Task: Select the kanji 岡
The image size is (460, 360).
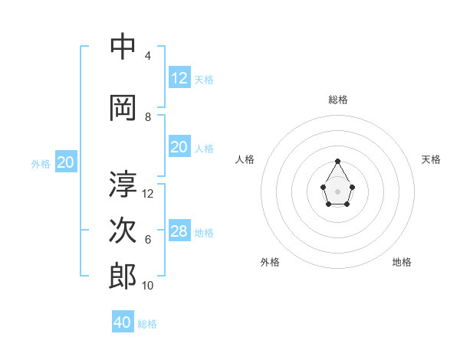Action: (123, 107)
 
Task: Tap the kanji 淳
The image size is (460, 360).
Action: (123, 184)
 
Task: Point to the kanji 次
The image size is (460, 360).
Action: (123, 230)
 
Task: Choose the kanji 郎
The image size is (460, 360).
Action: (123, 276)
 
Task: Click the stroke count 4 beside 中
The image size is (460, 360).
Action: (148, 56)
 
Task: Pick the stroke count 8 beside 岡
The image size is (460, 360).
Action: (148, 117)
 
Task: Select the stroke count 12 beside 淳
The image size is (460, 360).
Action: (148, 194)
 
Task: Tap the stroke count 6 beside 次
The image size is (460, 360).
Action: (148, 240)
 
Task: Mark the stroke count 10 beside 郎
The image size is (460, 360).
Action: (148, 286)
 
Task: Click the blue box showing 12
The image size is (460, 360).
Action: (179, 78)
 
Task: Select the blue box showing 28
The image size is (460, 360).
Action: (179, 231)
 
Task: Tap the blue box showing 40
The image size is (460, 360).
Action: (123, 322)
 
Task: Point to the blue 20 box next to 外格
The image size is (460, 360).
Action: (66, 162)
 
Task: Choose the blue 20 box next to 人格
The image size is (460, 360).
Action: (179, 147)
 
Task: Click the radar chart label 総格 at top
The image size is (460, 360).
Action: (338, 100)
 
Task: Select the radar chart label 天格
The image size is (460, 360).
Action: (431, 159)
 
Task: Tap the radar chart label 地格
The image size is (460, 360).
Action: (402, 262)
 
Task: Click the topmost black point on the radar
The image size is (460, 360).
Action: (337, 161)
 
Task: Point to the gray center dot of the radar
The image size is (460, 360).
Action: (337, 191)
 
